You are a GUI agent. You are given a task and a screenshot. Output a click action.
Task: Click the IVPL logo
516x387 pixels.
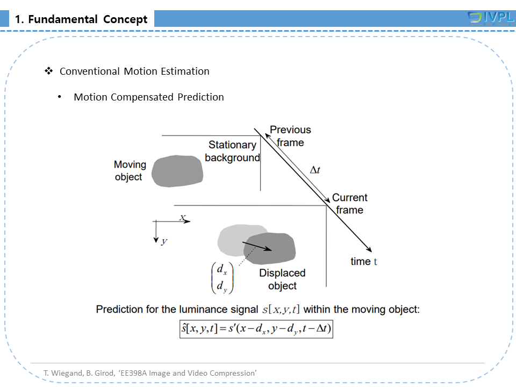491,18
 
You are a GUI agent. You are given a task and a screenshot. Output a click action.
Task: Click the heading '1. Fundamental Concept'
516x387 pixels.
81,20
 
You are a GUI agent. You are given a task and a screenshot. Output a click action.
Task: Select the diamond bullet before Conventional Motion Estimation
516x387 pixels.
48,71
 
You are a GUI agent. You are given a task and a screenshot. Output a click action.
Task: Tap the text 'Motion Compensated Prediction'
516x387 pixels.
148,97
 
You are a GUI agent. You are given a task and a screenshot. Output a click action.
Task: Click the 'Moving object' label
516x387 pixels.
130,170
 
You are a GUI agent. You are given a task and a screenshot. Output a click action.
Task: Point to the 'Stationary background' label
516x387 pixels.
232,151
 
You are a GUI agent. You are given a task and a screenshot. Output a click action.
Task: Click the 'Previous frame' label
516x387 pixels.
290,136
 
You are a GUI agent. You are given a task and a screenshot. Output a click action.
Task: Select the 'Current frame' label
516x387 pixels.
349,204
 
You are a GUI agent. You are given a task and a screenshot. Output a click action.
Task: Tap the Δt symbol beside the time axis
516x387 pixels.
316,170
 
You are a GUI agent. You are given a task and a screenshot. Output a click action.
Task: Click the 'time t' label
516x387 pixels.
364,262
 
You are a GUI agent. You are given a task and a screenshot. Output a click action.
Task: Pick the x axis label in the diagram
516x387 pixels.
183,218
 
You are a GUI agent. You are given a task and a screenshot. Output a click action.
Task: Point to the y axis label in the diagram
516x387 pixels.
164,241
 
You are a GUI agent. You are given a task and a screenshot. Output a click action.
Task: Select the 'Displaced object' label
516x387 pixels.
282,279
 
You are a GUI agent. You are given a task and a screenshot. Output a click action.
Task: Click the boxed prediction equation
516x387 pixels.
256,328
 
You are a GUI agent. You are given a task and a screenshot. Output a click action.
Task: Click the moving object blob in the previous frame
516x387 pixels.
177,171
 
